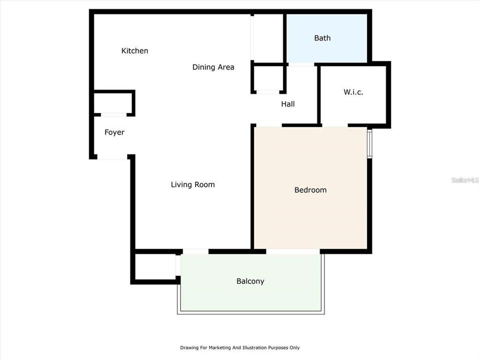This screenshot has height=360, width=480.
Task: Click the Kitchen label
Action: [134, 50]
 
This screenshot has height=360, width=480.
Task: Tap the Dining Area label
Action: [213, 67]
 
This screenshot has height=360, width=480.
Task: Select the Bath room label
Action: [322, 38]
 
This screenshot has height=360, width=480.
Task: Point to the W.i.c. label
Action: [353, 92]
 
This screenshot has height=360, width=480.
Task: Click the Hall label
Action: [287, 104]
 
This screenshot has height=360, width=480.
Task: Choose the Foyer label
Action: [114, 132]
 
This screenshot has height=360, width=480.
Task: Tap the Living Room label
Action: [192, 184]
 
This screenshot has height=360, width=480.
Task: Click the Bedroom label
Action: [310, 190]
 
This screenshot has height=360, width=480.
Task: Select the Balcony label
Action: [250, 281]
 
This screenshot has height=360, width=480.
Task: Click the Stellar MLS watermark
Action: [465, 179]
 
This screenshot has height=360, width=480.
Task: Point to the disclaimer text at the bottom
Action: [240, 347]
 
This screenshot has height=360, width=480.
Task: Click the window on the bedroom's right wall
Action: [369, 144]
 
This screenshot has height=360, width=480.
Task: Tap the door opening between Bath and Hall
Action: [301, 64]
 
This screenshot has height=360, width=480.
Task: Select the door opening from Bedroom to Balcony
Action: [293, 251]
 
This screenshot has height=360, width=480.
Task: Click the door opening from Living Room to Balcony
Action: [195, 251]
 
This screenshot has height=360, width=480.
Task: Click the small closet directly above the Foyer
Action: [113, 102]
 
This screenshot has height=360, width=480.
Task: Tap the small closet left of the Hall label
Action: [268, 78]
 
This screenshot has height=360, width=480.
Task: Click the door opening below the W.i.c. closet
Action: [334, 125]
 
